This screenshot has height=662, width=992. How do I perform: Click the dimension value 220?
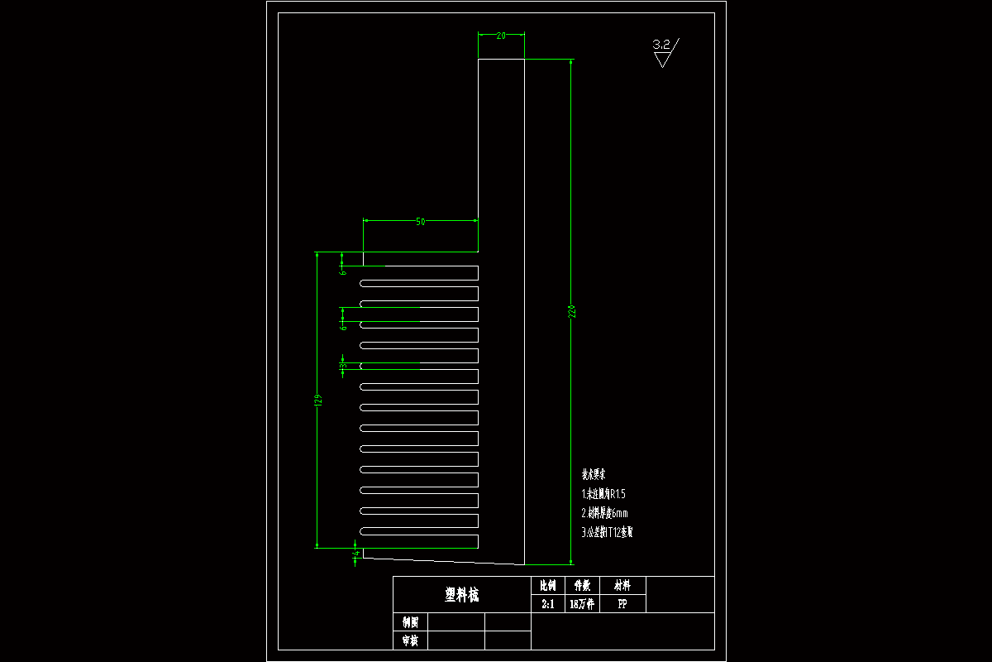pos(570,312)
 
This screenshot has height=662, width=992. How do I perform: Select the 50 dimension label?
pos(420,222)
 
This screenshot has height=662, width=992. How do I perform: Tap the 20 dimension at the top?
pos(501,36)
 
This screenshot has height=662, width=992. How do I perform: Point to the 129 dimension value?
pos(317,401)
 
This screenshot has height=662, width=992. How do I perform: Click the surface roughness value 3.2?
pos(662,45)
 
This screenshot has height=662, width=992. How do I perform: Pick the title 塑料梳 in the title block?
pos(461,595)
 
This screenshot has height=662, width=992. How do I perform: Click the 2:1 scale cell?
pos(547,605)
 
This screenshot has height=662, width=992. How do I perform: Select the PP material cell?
pos(622,605)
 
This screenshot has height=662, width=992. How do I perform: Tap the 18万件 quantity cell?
pos(582,605)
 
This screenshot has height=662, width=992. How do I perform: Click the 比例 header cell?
pos(547,585)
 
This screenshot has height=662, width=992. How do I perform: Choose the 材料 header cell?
pos(622,585)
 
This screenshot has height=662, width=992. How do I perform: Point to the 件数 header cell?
pos(582,585)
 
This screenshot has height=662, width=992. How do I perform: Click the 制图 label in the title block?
pos(410,622)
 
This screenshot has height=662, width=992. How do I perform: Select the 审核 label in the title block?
pos(410,640)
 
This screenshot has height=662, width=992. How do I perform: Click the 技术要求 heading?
pos(594,475)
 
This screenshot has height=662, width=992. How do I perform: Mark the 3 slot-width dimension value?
pos(343,365)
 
